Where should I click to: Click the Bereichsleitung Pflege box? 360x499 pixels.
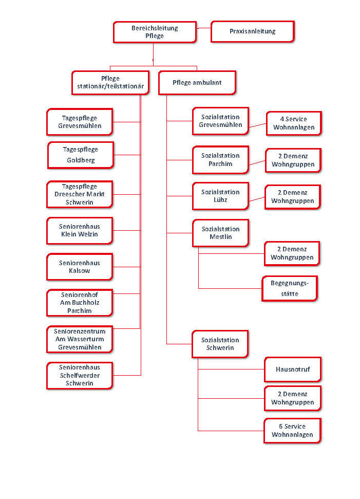coord(155,32)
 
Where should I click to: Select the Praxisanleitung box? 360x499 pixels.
coord(252,31)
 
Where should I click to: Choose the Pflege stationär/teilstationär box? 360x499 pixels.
coord(110,82)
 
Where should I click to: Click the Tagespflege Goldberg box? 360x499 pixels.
coord(80,155)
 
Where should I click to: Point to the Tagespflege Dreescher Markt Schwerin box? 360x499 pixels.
coord(79,194)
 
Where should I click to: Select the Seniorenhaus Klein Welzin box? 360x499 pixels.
coord(79,230)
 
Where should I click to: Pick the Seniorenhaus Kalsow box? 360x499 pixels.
coord(79,267)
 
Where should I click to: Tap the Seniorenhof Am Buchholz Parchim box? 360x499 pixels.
coord(79,303)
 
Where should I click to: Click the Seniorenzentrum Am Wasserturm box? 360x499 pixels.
coord(79,339)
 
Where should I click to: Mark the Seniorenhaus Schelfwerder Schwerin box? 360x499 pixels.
coord(79,375)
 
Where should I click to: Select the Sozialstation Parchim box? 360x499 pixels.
coord(220,160)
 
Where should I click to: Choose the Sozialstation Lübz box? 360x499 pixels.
coord(220,196)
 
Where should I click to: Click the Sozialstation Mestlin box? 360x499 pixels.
coord(220,233)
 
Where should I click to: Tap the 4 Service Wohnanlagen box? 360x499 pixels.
coord(293,123)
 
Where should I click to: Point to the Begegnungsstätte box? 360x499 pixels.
coord(291,288)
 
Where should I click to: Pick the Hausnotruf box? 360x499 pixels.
coord(292,369)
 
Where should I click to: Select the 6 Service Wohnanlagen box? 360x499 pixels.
coord(292,431)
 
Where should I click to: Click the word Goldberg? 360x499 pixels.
coord(81,160)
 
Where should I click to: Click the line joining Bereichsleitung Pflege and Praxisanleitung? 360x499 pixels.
coord(203,28)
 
